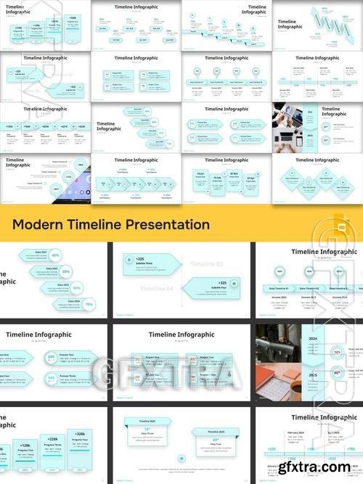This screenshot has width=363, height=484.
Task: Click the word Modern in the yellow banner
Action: click(41, 224)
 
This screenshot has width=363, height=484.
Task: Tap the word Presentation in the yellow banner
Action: click(164, 224)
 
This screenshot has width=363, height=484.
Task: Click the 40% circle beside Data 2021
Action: click(55, 255)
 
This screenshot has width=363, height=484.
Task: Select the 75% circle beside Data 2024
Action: click(89, 305)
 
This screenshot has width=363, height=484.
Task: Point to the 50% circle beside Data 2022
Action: click(66, 271)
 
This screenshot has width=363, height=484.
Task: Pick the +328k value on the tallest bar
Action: click(79, 433)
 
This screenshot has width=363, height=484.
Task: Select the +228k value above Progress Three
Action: click(52, 439)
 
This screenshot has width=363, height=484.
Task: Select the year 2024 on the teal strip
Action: click(313, 338)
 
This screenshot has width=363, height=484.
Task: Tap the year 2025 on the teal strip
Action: click(313, 375)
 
